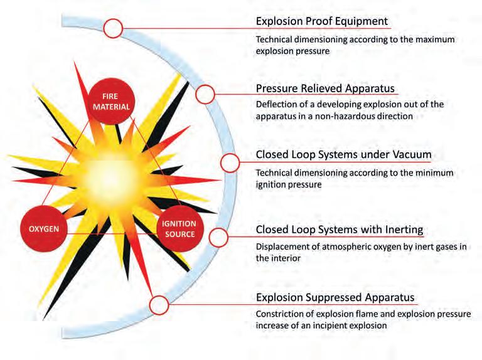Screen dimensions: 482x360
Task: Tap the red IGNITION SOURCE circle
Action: click(179, 229)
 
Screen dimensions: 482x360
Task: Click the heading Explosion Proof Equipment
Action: click(322, 21)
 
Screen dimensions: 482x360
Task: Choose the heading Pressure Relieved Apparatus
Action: click(325, 88)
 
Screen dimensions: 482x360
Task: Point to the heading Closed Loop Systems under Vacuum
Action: click(343, 154)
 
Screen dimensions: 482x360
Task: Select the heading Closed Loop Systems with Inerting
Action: click(339, 230)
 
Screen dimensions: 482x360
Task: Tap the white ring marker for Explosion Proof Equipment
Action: click(114, 28)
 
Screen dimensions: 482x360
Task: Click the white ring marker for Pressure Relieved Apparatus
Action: click(205, 94)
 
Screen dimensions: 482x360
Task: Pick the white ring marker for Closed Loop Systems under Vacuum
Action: click(230, 162)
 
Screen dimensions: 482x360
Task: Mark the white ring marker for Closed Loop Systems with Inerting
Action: click(218, 237)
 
